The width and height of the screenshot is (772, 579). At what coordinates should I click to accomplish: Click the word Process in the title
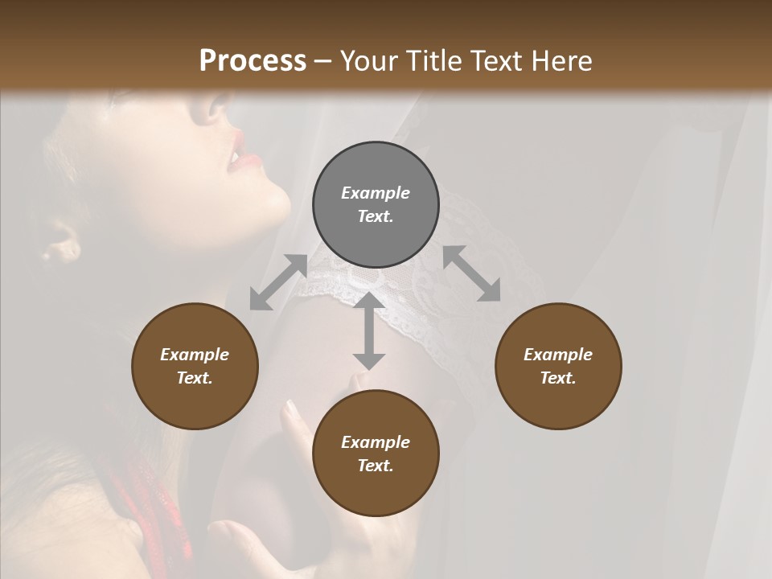tap(253, 61)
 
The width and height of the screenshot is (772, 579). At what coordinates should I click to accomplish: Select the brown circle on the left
tap(195, 366)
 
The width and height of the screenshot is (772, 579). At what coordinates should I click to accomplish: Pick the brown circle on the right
tap(558, 366)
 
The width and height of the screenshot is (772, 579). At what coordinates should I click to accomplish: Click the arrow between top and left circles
tap(278, 282)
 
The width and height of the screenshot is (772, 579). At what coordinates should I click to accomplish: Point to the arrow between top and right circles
tap(471, 273)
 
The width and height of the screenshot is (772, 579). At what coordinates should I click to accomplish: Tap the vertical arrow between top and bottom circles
tap(368, 331)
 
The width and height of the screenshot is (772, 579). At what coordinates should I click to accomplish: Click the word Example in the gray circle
tap(376, 193)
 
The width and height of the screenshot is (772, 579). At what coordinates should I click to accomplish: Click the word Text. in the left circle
tap(195, 378)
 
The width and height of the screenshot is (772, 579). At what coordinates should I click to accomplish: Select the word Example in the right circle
tap(558, 355)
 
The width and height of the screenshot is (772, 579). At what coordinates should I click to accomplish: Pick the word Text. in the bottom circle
tap(376, 466)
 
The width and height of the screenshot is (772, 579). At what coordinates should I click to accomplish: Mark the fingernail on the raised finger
tap(292, 408)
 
